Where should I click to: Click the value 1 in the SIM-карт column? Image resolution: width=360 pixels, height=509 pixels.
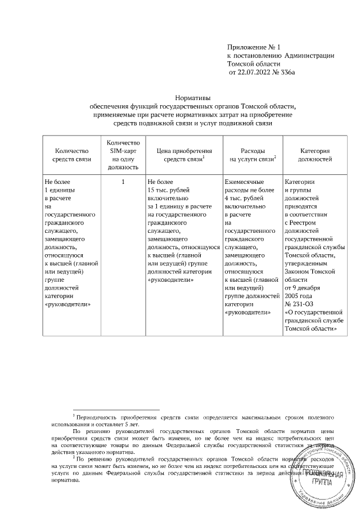pos(122,182)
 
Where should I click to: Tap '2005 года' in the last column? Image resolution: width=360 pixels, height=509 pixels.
pos(300,296)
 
